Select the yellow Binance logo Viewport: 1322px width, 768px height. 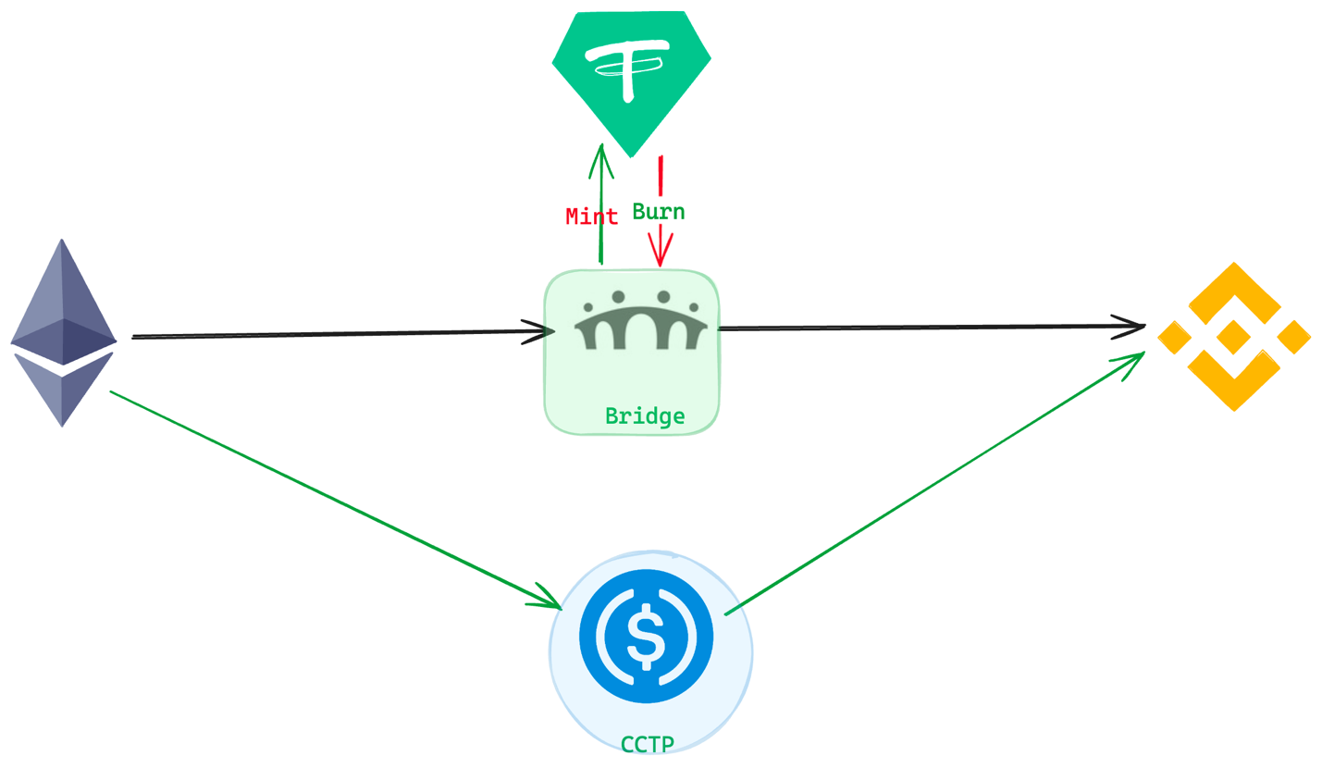coord(1233,336)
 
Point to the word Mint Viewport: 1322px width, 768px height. coord(591,217)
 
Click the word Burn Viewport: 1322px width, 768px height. coord(658,212)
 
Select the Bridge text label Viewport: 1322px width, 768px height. coord(645,416)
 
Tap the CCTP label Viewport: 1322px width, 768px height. coord(647,744)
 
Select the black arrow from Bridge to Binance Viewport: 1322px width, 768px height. coord(925,327)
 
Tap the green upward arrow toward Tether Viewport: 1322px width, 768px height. coord(601,204)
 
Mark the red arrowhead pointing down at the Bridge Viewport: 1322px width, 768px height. coord(660,252)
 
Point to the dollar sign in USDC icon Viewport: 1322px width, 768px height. coord(646,637)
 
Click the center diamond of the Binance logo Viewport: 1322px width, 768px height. coord(1233,336)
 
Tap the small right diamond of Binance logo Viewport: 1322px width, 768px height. coord(1293,337)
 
